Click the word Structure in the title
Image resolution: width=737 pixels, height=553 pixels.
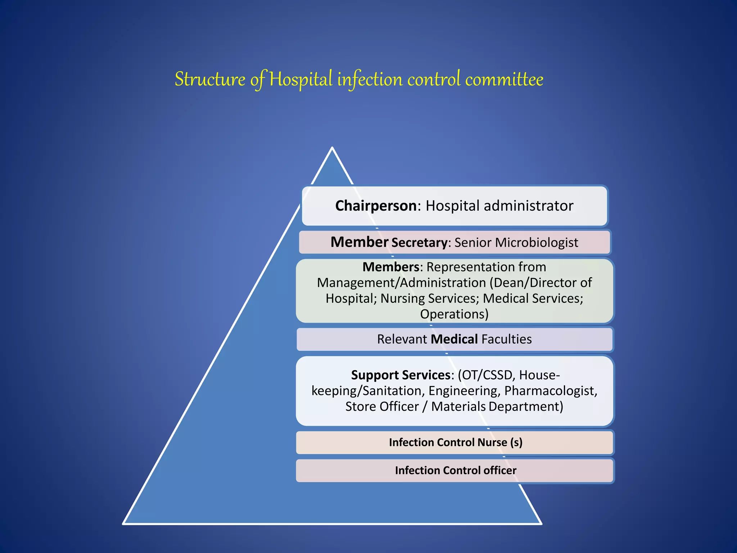210,79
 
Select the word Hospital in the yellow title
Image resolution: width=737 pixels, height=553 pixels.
301,79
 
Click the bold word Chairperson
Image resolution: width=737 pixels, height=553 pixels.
376,206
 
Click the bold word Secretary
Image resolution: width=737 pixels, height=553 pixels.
419,243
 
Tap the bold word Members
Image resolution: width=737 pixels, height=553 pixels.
390,267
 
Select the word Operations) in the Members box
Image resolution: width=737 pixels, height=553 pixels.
454,314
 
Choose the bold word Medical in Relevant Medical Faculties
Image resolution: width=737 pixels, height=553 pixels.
454,339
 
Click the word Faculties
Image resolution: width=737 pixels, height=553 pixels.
506,339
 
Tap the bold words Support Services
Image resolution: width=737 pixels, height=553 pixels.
401,375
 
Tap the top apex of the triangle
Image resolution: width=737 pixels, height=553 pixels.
332,148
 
